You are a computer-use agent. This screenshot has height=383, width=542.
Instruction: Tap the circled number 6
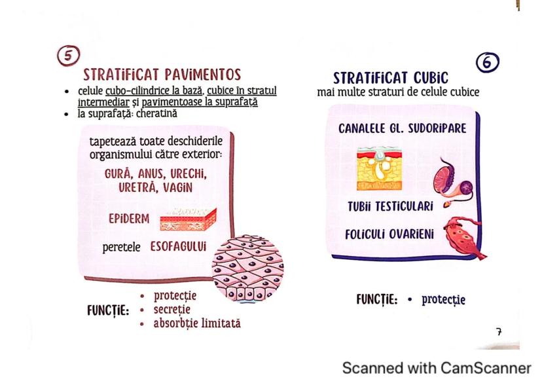pyautogui.click(x=488, y=63)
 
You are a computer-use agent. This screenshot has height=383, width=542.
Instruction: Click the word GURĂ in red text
pyautogui.click(x=121, y=175)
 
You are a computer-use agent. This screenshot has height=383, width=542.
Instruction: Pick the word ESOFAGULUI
pyautogui.click(x=178, y=247)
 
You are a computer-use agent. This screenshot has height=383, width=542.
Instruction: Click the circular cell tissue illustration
pyautogui.click(x=248, y=268)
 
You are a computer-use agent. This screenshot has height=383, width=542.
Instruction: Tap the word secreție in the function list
pyautogui.click(x=172, y=309)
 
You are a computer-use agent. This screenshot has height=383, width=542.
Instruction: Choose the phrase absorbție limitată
pyautogui.click(x=197, y=323)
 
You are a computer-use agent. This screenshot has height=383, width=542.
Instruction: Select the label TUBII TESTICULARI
pyautogui.click(x=390, y=207)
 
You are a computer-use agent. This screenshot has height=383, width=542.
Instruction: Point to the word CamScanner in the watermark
pyautogui.click(x=486, y=367)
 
